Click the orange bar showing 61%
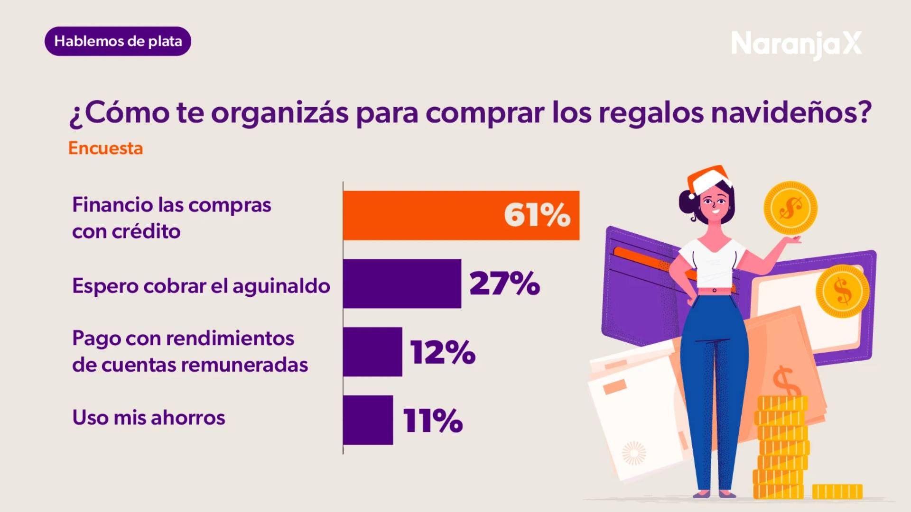[x=460, y=215]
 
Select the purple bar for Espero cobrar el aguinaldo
[x=401, y=283]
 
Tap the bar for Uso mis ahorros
[x=368, y=420]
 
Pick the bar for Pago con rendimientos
[x=372, y=352]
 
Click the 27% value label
[x=504, y=283]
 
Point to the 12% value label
[x=443, y=352]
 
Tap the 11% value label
[x=433, y=421]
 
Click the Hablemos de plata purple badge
[x=118, y=41]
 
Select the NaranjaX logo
[x=796, y=44]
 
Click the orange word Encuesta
[x=105, y=148]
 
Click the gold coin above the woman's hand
[x=790, y=208]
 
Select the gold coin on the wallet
[x=842, y=291]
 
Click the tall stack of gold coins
[x=781, y=446]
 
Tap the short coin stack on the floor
[x=837, y=491]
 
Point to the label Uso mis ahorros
[x=149, y=418]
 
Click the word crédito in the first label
[x=146, y=231]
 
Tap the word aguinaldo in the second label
[x=281, y=286]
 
